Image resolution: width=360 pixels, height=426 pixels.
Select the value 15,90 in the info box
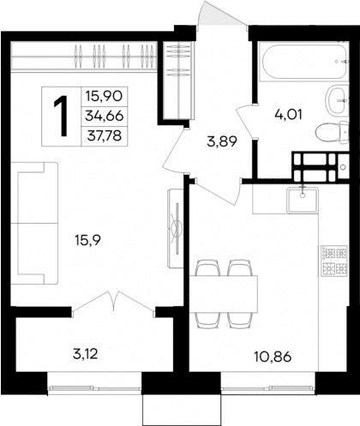pyautogui.click(x=102, y=98)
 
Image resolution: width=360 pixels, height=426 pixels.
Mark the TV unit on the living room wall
pyautogui.click(x=175, y=228)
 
